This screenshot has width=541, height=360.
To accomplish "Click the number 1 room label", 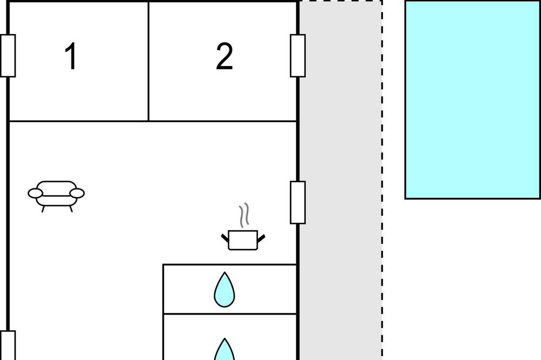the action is coord(71,56).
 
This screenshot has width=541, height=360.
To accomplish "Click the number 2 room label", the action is coord(225,56).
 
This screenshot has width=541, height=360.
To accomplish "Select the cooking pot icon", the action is coord(243,240).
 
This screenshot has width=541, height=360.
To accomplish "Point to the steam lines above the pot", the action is coord(244,215).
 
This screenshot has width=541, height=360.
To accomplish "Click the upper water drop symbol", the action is coord(225,290).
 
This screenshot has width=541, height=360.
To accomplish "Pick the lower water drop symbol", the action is coord(225,349).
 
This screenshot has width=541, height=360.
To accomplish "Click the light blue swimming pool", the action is coord(472,99).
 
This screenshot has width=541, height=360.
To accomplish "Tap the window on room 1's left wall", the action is coord(8,56).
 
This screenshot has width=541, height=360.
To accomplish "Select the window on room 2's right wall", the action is coord(298,56).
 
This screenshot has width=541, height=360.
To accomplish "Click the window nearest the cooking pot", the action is coord(298,202).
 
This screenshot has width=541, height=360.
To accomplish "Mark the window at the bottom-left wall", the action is coord(8,345).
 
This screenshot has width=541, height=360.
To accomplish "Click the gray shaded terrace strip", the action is coord(340,180).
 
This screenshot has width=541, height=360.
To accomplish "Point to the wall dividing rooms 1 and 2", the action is coord(148,61).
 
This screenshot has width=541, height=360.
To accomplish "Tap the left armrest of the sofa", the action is coord(35,194).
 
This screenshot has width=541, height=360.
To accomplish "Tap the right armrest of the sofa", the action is coord(77,194).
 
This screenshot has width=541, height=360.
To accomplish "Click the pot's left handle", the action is coord(225,238).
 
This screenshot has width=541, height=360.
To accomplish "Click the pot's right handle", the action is coord(261,238).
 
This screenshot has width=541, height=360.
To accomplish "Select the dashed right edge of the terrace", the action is coord(382,180).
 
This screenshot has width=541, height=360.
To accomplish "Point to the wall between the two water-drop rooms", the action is coord(230,314).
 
